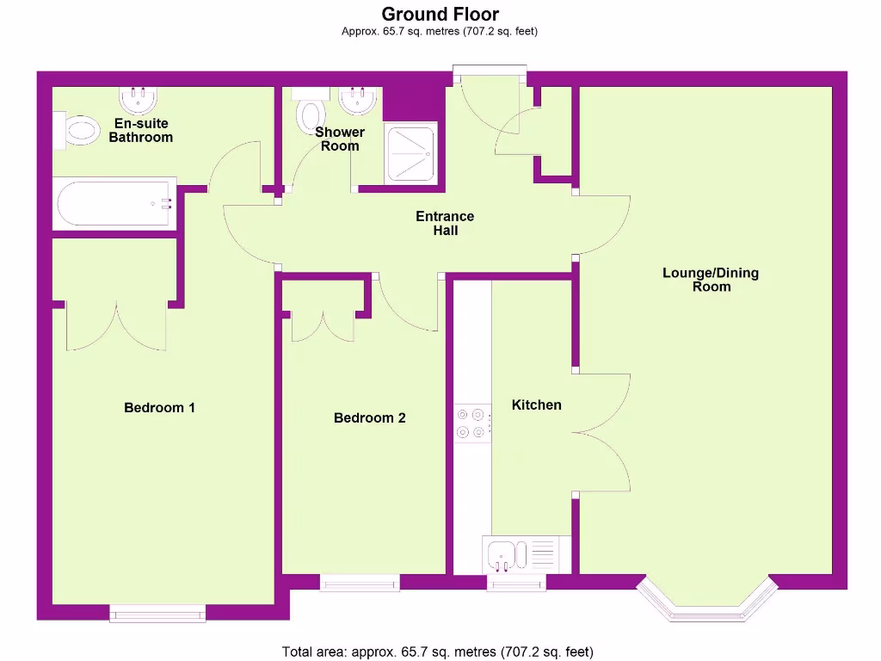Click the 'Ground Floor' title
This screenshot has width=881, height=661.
440,14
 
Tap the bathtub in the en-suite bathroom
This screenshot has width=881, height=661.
114,204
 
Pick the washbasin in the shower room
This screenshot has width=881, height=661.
357,100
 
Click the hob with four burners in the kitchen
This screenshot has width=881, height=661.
472,423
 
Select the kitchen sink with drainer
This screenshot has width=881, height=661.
521,553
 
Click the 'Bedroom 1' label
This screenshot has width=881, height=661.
159,407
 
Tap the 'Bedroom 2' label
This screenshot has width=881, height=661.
369,418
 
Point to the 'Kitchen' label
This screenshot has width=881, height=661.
536,405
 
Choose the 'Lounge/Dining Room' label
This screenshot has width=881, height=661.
711,280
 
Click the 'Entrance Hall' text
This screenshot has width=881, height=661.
445,223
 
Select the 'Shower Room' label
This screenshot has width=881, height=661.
340,139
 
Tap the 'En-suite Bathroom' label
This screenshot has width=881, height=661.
141,130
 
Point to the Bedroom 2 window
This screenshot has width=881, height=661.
360,583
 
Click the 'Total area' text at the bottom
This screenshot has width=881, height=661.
438,652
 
